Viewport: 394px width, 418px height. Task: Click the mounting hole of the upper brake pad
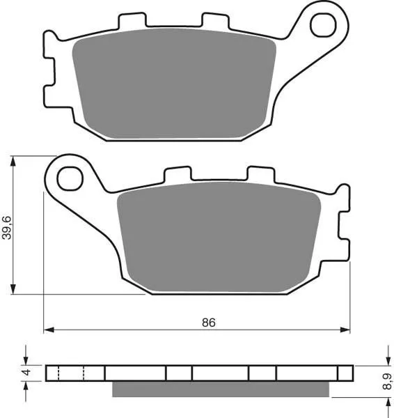pyautogui.click(x=323, y=26)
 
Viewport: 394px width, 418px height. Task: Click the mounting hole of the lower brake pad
pyautogui.click(x=70, y=178)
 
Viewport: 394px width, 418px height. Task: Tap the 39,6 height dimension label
pyautogui.click(x=7, y=226)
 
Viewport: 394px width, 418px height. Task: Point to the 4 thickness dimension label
pyautogui.click(x=26, y=373)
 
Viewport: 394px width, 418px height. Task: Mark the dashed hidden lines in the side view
pyautogui.click(x=71, y=373)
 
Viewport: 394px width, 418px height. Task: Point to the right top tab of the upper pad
pyautogui.click(x=216, y=21)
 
